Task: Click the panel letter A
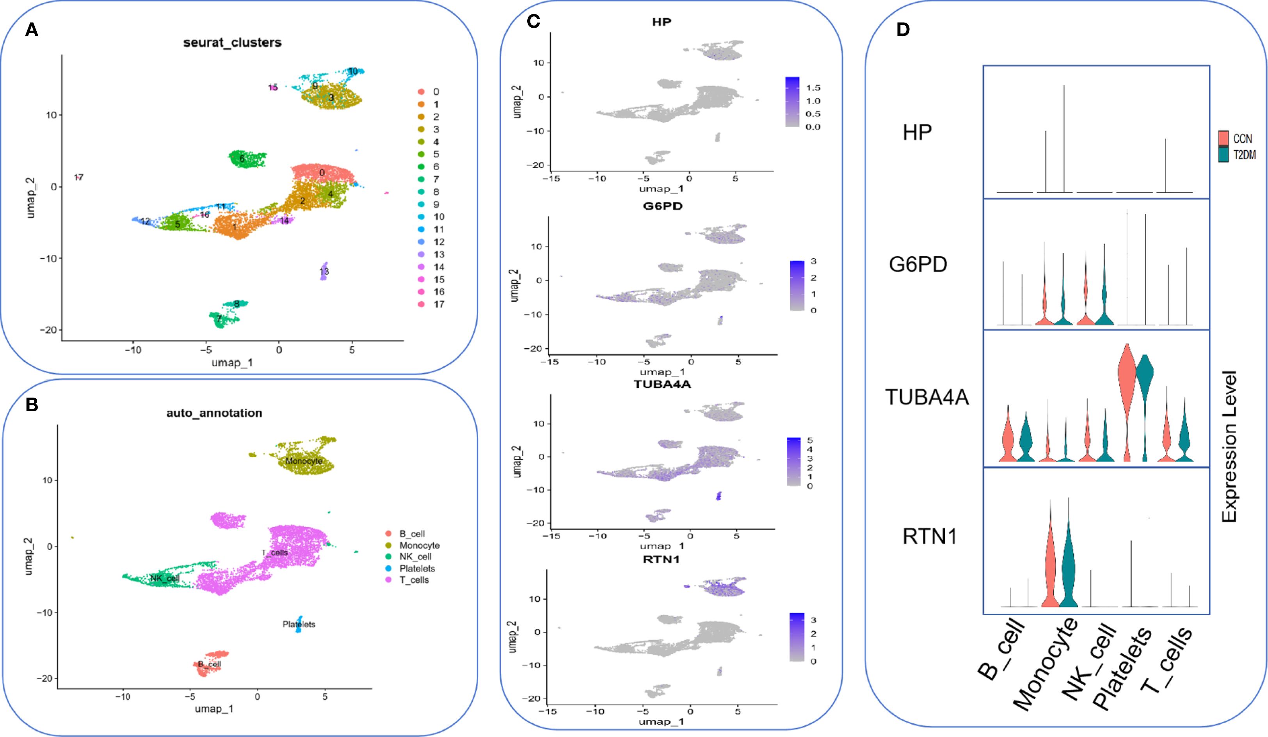point(32,30)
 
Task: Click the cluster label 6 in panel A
point(242,159)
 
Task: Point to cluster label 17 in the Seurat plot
point(78,177)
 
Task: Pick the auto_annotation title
point(214,413)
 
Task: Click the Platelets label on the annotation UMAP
point(299,624)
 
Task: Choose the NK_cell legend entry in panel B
point(414,557)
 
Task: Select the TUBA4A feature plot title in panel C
point(662,384)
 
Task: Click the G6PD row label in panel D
point(918,264)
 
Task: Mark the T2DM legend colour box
point(1224,155)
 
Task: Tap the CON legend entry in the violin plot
point(1242,139)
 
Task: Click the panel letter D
point(903,30)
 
